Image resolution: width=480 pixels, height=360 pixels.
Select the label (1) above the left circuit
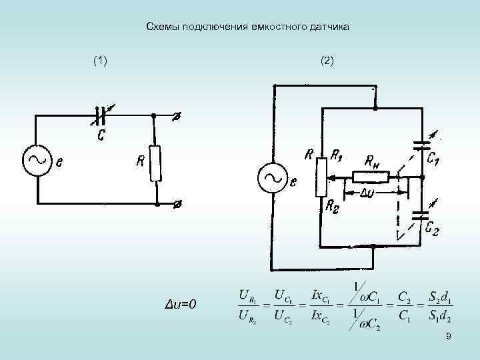tap(100, 61)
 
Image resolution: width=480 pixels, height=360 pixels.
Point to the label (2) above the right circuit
tap(327, 61)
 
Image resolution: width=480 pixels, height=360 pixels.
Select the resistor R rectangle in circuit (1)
tap(155, 163)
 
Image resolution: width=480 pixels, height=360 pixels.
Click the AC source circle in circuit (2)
tap(273, 177)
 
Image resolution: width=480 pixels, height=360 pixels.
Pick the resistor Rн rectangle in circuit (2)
tap(371, 177)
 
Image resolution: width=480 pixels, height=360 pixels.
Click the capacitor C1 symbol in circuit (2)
tap(421, 144)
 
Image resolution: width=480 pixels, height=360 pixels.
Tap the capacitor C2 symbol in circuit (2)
tap(421, 214)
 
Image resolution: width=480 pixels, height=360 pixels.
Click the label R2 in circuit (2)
tap(331, 207)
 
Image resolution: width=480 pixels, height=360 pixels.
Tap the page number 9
tap(449, 337)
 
